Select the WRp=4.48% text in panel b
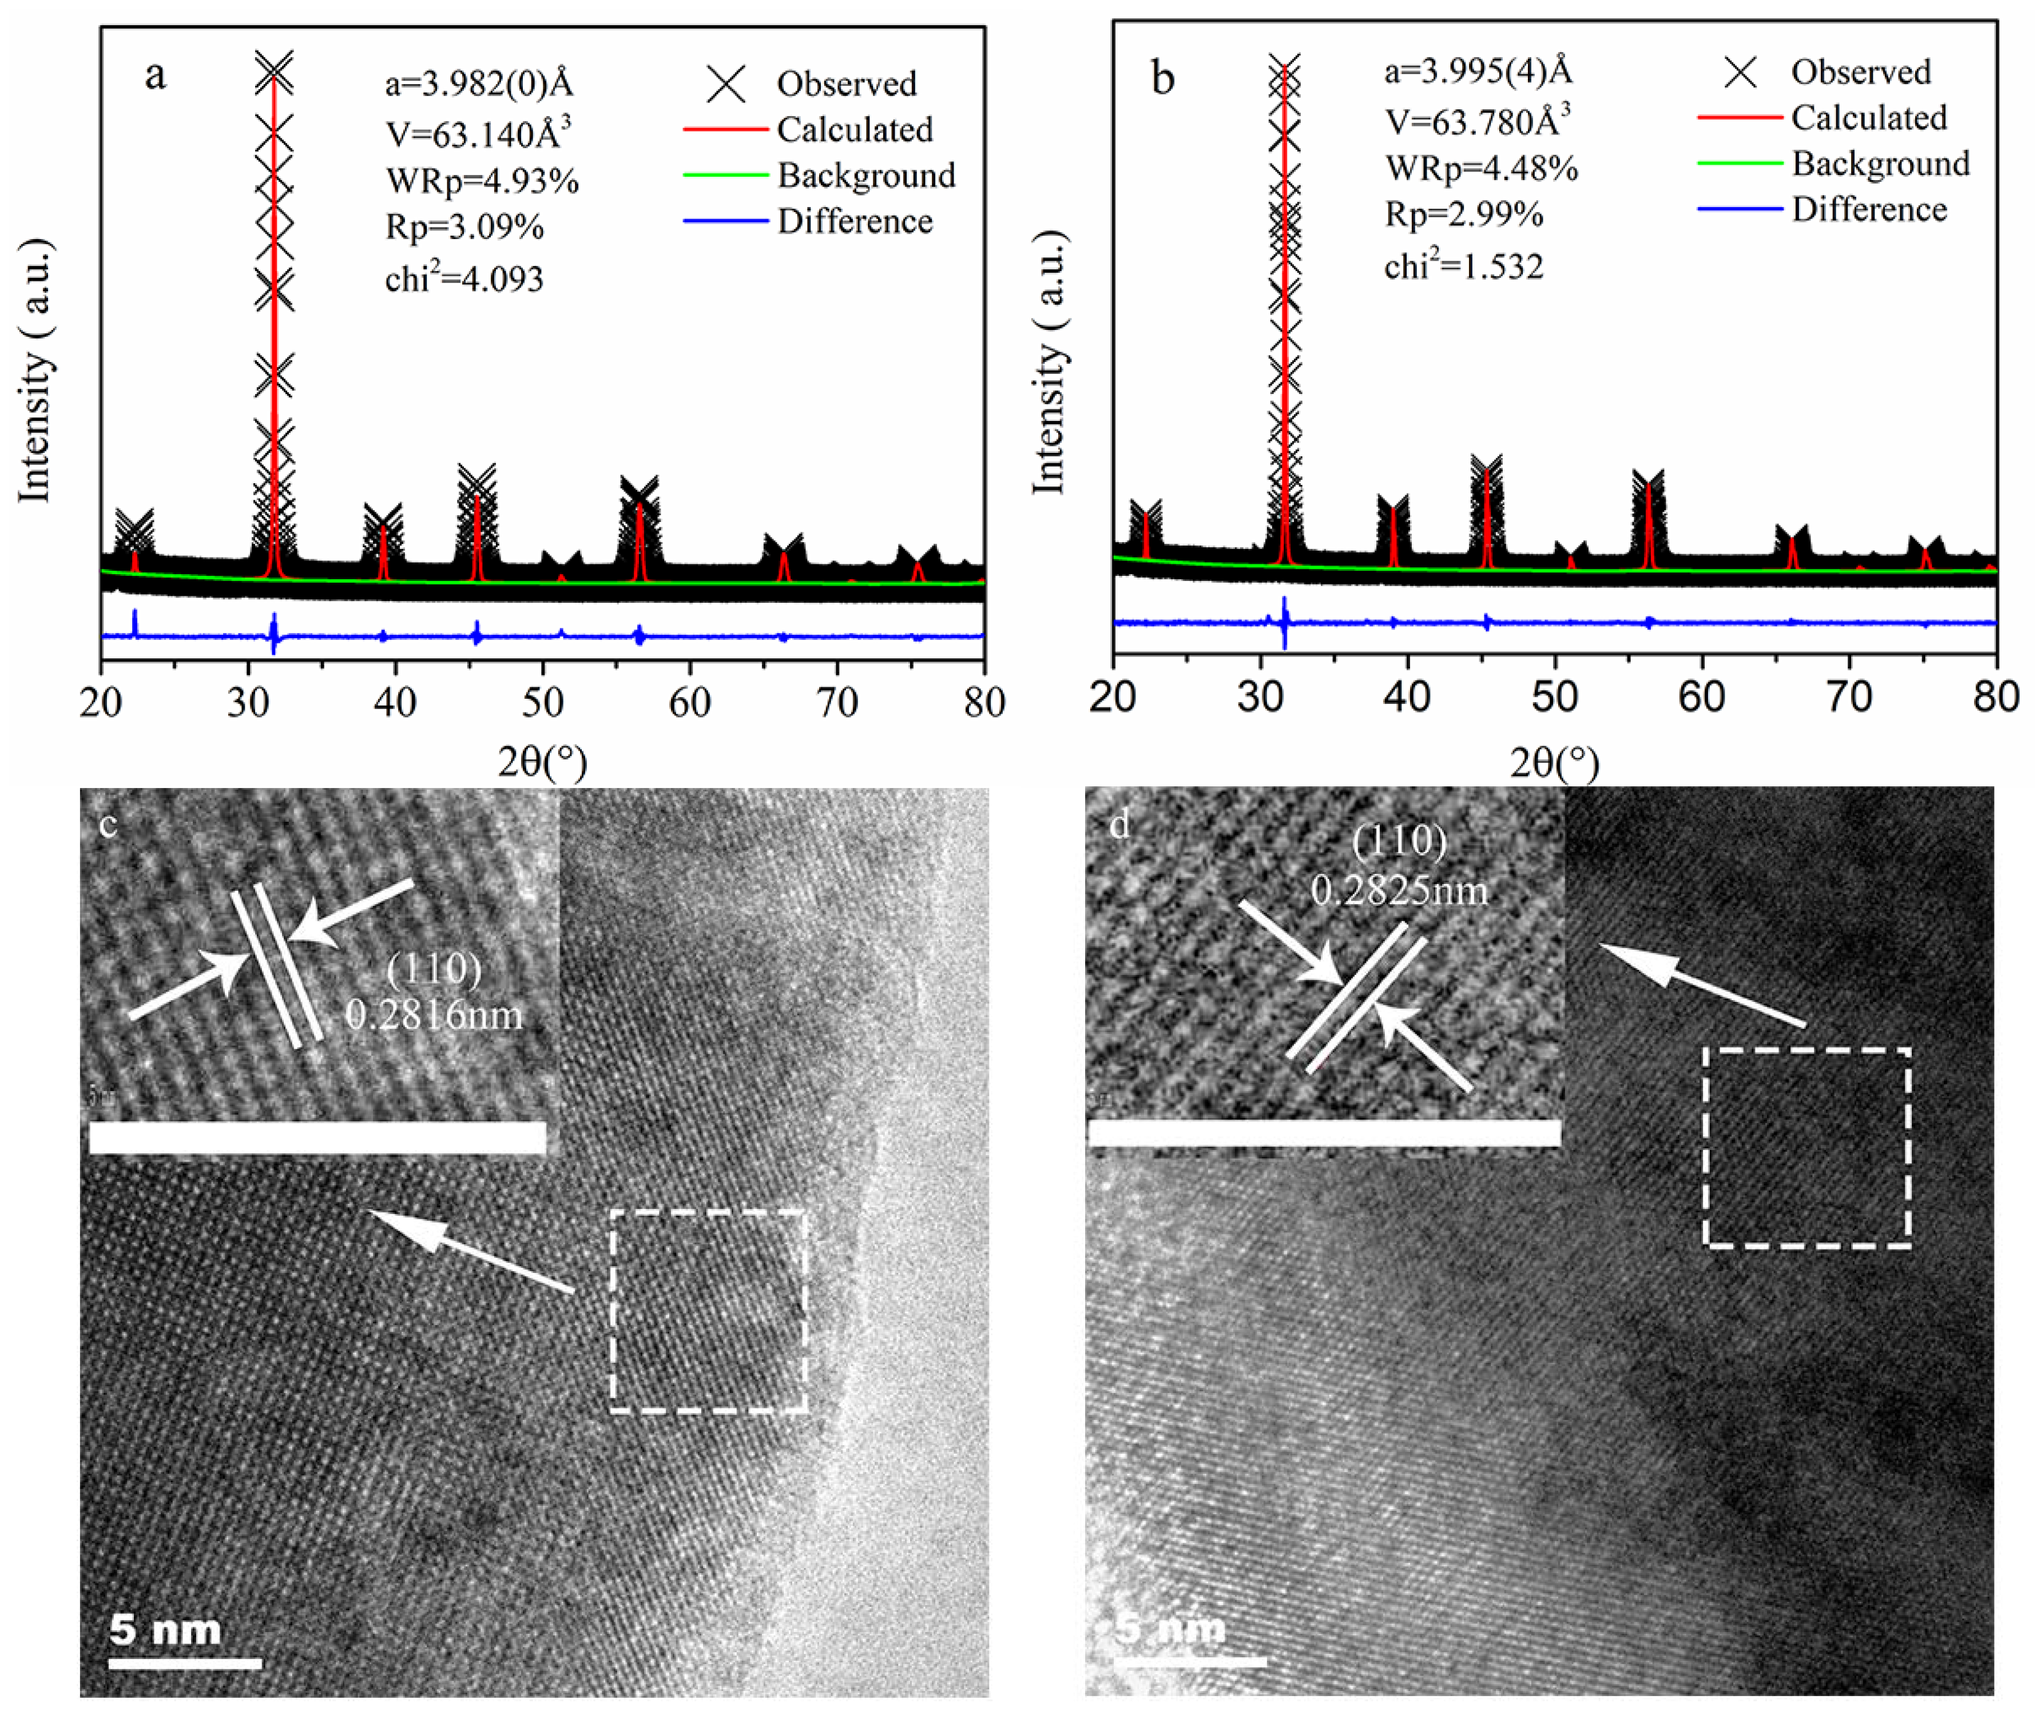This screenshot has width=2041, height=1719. pos(1480,169)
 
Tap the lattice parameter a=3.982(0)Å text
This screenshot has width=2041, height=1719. pos(479,84)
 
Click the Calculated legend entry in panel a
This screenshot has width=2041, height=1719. pos(854,130)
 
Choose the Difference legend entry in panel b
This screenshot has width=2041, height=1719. pos(1868,209)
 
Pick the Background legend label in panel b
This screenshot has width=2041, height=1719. pos(1880,164)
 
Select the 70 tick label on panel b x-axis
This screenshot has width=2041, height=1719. pos(1849,696)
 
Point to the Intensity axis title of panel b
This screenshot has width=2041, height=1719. pos(1049,363)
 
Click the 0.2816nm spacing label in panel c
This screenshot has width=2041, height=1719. pos(434,1016)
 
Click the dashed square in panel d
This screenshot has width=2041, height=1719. pos(1806,1147)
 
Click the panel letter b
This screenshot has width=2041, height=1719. pos(1163,78)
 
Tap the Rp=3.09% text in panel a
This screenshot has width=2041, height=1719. pos(464,227)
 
